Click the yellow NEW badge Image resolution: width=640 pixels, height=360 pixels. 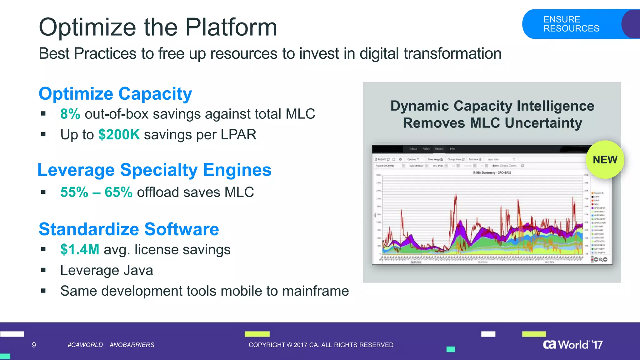pos(605,160)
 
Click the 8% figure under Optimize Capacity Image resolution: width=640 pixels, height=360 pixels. pos(70,114)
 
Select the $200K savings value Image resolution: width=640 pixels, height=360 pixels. pos(119,135)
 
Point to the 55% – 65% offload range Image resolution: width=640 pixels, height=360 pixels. pos(96,192)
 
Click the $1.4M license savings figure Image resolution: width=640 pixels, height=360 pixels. pos(80,250)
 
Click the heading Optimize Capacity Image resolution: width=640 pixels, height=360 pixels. pos(115,94)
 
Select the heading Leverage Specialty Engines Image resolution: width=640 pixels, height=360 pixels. pos(154,170)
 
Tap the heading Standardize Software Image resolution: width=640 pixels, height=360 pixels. pos(129,229)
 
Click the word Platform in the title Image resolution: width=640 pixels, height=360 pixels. pos(231,27)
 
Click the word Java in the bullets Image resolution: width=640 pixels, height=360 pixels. pos(138,270)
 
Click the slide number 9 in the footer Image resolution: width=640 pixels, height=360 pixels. pos(34,345)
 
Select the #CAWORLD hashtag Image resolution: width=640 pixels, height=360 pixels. pos(85,345)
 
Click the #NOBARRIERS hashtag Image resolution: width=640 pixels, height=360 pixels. pos(132,345)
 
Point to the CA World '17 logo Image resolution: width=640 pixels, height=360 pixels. pos(572,344)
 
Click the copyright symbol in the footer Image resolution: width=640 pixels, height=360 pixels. pos(289,345)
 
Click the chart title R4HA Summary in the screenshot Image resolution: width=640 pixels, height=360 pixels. pos(492,173)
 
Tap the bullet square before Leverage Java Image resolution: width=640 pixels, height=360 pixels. pos(43,270)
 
